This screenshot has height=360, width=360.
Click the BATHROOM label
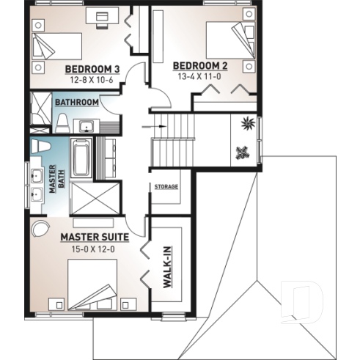coord(77,102)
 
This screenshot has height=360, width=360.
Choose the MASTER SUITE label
coord(95,237)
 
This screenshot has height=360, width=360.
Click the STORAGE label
coord(166,187)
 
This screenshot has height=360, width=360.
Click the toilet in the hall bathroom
coord(62,122)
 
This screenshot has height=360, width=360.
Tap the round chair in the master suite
coord(39,226)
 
